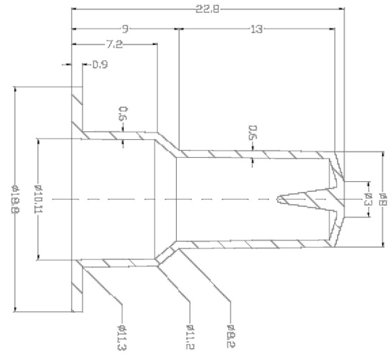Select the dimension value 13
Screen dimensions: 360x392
(257, 29)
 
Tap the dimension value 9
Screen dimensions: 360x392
(125, 29)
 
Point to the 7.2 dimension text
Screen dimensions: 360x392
(114, 45)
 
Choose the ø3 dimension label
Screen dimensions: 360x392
(367, 197)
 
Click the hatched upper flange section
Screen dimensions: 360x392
(76, 109)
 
